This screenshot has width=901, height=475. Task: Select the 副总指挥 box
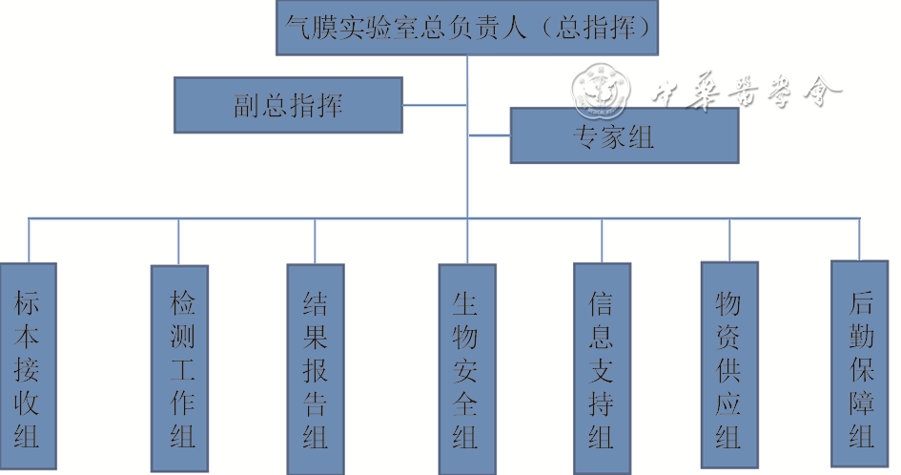[x=288, y=105]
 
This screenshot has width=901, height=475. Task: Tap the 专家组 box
[x=625, y=135]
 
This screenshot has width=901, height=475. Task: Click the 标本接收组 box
[x=28, y=368]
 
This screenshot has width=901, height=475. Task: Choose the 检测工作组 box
[x=179, y=369]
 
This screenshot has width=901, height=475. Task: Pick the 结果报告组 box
[x=316, y=369]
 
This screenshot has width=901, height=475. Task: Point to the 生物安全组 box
[x=466, y=369]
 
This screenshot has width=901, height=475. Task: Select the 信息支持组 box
[x=602, y=369]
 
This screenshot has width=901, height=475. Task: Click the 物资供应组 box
[x=728, y=367]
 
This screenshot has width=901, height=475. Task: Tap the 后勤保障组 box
[x=860, y=362]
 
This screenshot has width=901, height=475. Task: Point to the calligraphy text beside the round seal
[x=747, y=93]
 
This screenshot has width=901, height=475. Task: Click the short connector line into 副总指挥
[x=435, y=105]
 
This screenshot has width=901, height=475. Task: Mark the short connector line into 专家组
[x=489, y=135]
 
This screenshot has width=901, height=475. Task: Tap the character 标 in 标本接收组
[x=28, y=302]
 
